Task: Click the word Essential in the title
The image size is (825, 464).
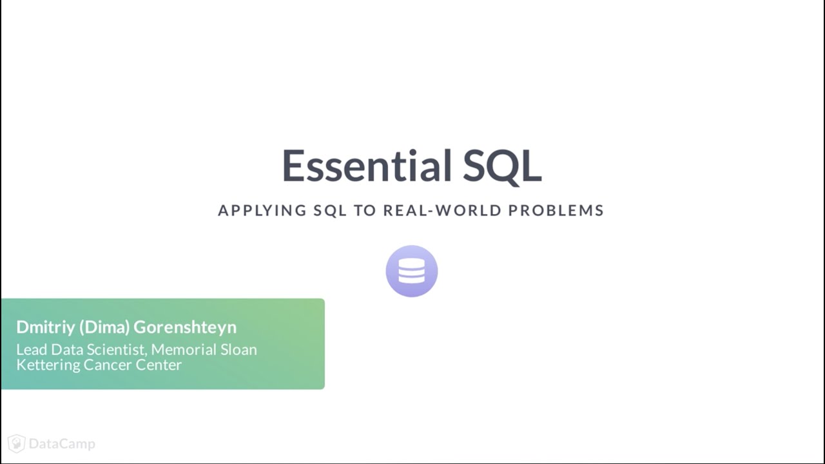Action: [367, 166]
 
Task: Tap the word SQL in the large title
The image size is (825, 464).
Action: [502, 166]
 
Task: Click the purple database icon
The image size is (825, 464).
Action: [412, 271]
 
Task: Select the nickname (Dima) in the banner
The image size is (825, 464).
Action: [104, 327]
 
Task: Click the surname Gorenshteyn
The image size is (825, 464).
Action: [185, 327]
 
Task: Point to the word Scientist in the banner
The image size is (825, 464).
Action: [115, 349]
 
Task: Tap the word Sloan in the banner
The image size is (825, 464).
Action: [239, 349]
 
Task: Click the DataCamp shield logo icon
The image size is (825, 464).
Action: [17, 443]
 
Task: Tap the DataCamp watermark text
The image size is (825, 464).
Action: [62, 444]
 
